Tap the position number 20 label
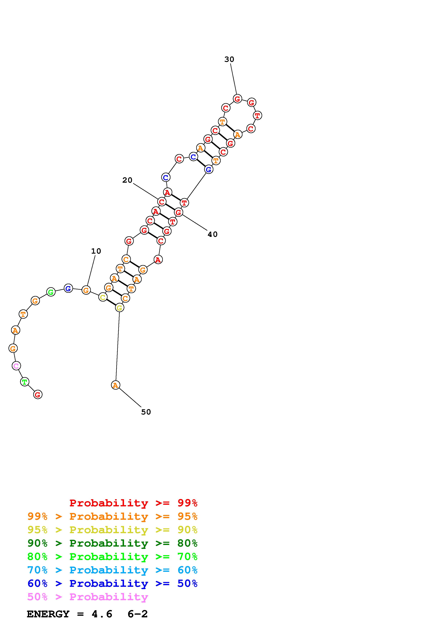click(127, 180)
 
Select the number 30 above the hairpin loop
click(229, 59)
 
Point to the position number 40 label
click(213, 234)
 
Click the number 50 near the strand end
click(146, 412)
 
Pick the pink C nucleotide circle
click(16, 366)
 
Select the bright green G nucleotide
click(51, 292)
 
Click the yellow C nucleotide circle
click(103, 297)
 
